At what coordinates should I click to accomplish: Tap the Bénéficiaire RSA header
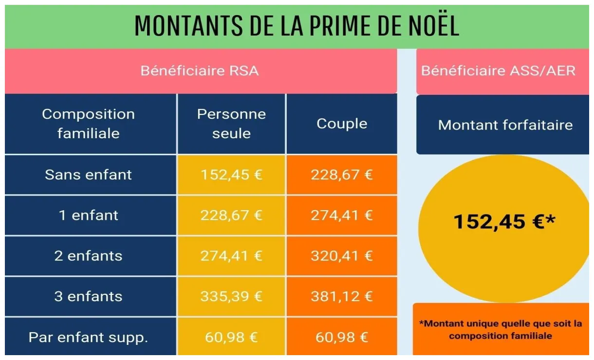[x=200, y=71]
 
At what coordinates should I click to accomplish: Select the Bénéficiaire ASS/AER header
[x=498, y=71]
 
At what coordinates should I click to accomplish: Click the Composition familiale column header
[x=89, y=124]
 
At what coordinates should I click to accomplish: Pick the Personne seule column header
[x=231, y=124]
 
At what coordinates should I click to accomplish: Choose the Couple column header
[x=342, y=124]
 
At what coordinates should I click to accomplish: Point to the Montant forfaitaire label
[x=505, y=125]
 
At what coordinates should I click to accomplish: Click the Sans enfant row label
[x=89, y=175]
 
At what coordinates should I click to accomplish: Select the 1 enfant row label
[x=89, y=215]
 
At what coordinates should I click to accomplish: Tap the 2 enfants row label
[x=89, y=256]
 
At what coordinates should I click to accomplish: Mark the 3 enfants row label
[x=89, y=296]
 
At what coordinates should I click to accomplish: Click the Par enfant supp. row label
[x=89, y=337]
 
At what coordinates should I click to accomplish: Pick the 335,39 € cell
[x=231, y=296]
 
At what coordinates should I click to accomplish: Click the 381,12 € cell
[x=342, y=296]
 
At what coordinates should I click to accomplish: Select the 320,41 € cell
[x=342, y=256]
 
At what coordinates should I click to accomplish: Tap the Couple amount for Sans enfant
[x=342, y=175]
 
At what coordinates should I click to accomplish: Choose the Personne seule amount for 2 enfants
[x=231, y=256]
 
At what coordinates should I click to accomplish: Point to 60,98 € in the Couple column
[x=342, y=337]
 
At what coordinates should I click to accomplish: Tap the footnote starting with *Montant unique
[x=501, y=329]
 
